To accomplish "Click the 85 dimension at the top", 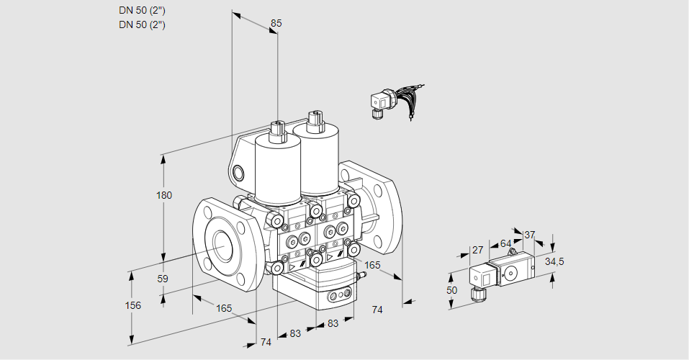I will tap(276, 23).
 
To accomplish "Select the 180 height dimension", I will tap(164, 196).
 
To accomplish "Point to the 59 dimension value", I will tap(163, 279).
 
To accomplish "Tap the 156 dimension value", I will tap(132, 305).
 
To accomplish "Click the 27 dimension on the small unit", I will tap(477, 250).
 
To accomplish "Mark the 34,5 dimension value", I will tap(554, 261).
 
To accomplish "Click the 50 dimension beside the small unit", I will tap(451, 290).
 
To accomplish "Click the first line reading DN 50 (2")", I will tap(142, 10).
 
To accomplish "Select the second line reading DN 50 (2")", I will tap(142, 24).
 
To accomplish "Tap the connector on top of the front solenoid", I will tap(276, 131).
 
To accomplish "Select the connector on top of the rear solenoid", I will tap(313, 120).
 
